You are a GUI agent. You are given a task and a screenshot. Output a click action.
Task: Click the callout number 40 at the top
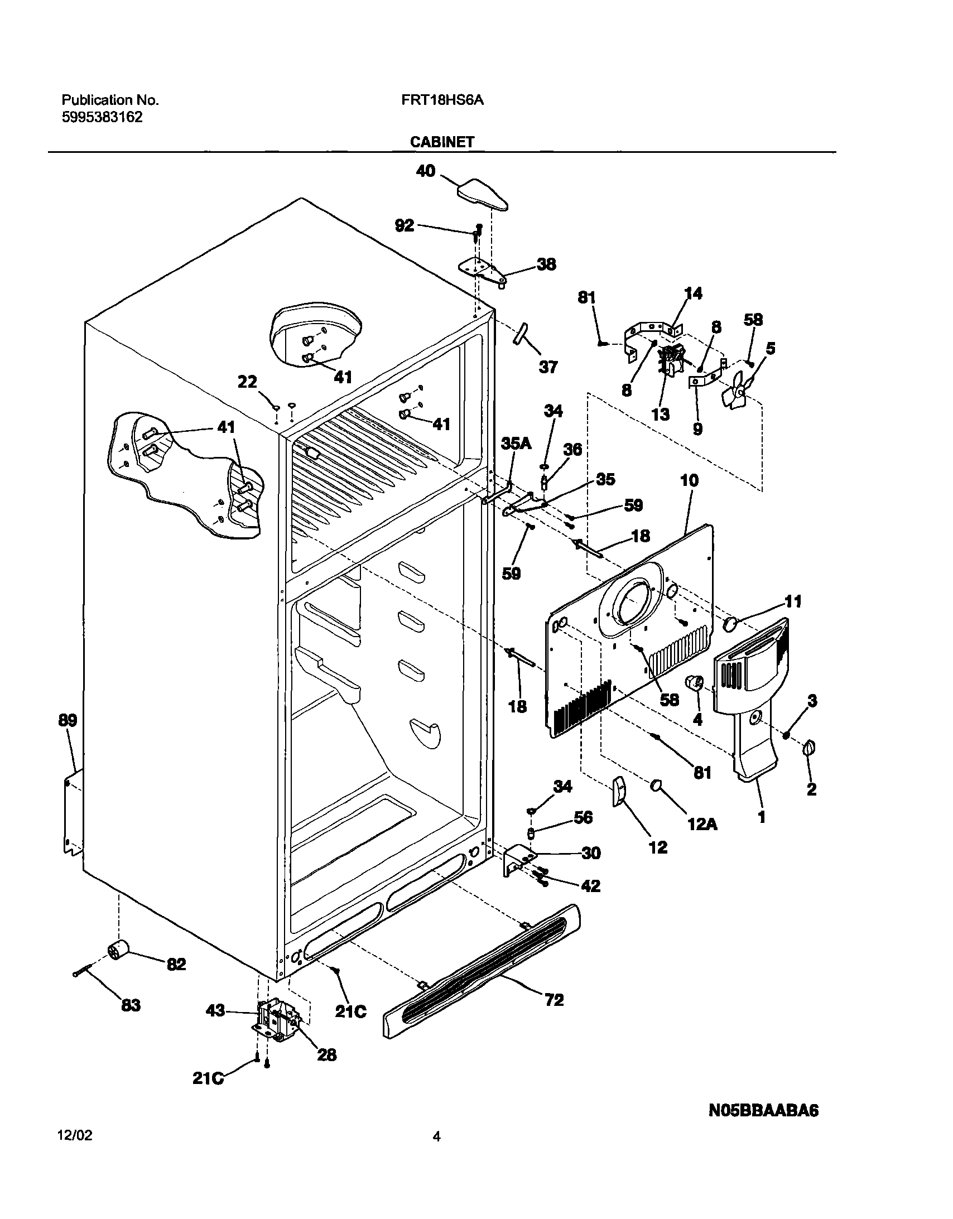(426, 171)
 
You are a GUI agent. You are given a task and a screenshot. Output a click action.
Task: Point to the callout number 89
(68, 721)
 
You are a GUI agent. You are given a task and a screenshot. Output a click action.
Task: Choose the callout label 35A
(516, 443)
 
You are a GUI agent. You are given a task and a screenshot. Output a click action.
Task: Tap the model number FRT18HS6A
(442, 100)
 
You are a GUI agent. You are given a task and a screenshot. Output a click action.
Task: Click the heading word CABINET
(442, 142)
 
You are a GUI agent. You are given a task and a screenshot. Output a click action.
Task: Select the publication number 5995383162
(102, 118)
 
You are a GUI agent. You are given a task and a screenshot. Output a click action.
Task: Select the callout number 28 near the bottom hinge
(326, 1054)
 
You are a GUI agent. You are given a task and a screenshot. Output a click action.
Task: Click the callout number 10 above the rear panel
(690, 480)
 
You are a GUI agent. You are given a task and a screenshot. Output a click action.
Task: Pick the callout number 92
(405, 225)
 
